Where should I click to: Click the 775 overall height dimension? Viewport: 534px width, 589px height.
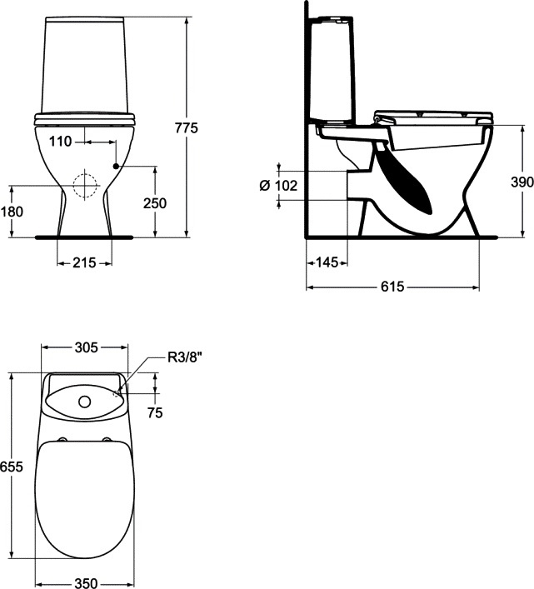(187, 127)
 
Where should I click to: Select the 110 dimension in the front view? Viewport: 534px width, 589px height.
(61, 142)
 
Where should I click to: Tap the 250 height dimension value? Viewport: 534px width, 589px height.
(155, 202)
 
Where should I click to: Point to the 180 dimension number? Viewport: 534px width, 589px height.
(12, 212)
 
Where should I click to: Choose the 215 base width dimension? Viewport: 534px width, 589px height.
(84, 262)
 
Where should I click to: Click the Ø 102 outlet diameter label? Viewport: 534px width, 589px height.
(278, 185)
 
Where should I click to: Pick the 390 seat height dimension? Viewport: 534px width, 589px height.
(522, 182)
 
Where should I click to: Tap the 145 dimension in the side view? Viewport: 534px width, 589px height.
(327, 262)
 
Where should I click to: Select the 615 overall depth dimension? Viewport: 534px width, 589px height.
(392, 287)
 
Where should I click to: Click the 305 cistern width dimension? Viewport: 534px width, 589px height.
(86, 347)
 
